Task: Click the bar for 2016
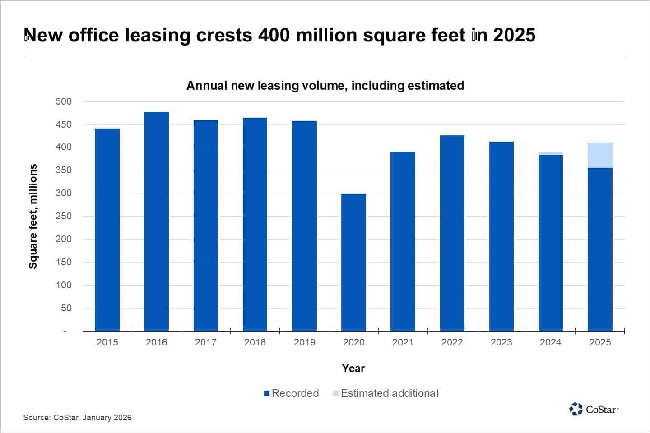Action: [x=156, y=221]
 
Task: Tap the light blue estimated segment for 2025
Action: [x=600, y=155]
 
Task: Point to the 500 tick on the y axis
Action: [x=64, y=101]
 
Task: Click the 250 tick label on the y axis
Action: [x=64, y=216]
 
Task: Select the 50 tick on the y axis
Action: [x=66, y=308]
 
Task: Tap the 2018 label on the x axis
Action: [x=255, y=342]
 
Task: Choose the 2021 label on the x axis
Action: [x=403, y=342]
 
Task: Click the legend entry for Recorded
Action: [x=291, y=393]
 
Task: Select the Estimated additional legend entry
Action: [x=386, y=393]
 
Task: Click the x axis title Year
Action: [x=353, y=369]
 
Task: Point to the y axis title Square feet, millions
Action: [x=33, y=216]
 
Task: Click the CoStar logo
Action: [x=594, y=409]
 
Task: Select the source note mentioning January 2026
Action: [x=77, y=418]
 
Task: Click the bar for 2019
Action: [x=304, y=226]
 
